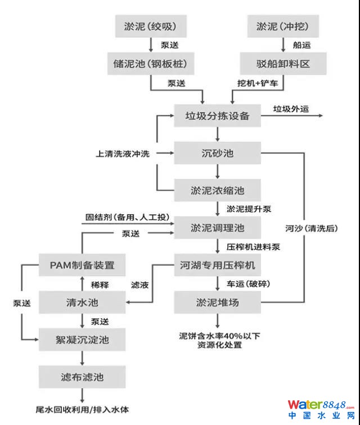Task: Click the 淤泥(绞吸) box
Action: pyautogui.click(x=151, y=26)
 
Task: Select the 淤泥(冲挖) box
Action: pyautogui.click(x=283, y=26)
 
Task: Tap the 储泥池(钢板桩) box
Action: pyautogui.click(x=151, y=64)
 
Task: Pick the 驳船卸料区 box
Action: pyautogui.click(x=283, y=64)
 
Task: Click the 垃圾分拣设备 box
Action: pyautogui.click(x=217, y=116)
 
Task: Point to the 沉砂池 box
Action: pyautogui.click(x=217, y=153)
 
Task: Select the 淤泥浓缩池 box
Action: pyautogui.click(x=217, y=190)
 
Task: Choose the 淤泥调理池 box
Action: pyautogui.click(x=217, y=228)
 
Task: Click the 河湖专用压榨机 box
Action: pyautogui.click(x=217, y=265)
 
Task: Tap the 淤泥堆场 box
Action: pyautogui.click(x=217, y=302)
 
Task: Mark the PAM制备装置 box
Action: pyautogui.click(x=82, y=265)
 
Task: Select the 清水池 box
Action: pyautogui.click(x=82, y=302)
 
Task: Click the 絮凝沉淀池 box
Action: pyautogui.click(x=82, y=340)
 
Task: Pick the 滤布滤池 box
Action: pyautogui.click(x=82, y=376)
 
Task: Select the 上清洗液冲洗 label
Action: pyautogui.click(x=123, y=153)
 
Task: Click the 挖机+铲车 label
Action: pyautogui.click(x=257, y=83)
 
